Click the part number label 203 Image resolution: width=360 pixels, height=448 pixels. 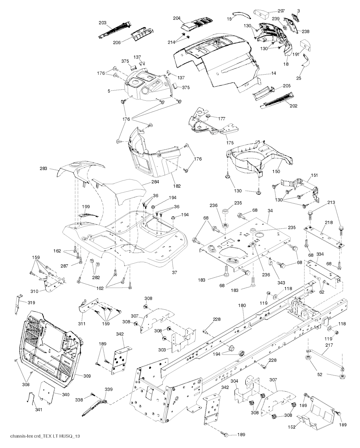[102, 23]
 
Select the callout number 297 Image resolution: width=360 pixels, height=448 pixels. [281, 11]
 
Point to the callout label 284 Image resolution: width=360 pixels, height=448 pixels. [155, 182]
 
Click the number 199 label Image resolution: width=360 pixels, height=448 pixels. [86, 206]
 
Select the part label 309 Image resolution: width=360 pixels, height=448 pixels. [87, 376]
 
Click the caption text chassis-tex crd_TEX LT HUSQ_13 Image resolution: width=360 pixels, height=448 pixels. [40, 436]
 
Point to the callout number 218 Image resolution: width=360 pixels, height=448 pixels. [329, 223]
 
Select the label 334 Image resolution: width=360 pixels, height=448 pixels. [320, 254]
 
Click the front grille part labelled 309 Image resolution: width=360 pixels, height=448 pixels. [49, 345]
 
